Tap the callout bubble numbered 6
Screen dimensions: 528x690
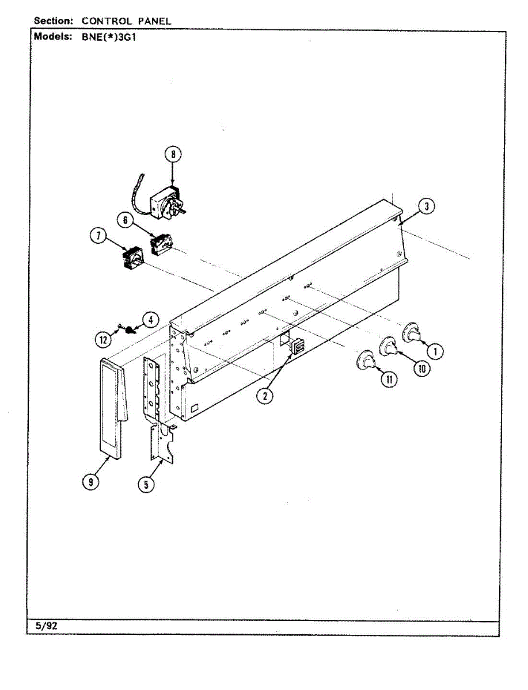click(124, 220)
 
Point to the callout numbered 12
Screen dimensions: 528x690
click(102, 340)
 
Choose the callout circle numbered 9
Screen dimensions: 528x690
click(90, 482)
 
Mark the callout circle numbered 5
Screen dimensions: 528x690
click(146, 485)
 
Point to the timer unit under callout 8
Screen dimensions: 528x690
click(166, 203)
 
